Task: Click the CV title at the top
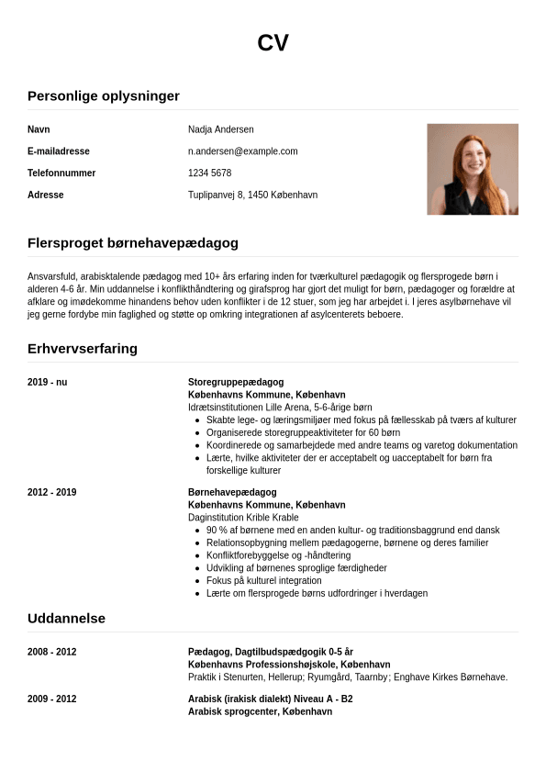273,43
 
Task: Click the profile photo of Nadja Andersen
472,169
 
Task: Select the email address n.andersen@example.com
242,151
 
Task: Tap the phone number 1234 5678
209,173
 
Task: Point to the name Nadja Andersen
220,129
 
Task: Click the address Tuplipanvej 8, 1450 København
252,196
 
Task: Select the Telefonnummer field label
61,173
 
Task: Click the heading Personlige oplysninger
104,96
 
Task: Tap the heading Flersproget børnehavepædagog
133,243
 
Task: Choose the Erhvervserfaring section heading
83,349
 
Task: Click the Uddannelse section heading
66,619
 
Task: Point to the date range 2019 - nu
47,382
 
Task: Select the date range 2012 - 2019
51,493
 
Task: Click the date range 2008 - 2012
51,653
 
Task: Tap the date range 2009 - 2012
51,699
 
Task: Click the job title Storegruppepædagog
236,382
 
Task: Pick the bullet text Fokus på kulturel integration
264,581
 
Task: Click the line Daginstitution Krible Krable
243,518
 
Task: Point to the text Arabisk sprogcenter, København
260,712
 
